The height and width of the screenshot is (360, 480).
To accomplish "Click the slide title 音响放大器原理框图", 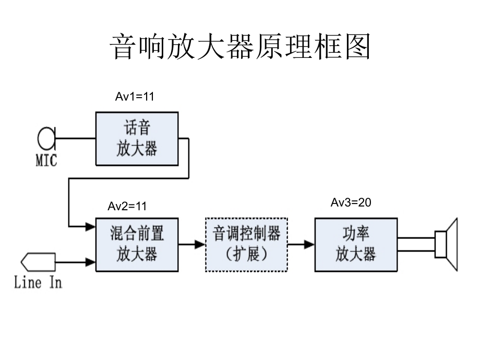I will (240, 47).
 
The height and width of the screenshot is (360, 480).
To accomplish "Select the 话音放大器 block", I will (136, 138).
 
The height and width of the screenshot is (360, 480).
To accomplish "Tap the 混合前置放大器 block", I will (136, 244).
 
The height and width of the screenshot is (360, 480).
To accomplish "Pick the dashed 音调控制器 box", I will (246, 244).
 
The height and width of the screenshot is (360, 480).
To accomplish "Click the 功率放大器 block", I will (356, 244).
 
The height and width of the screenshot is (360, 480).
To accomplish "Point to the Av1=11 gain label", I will (135, 96).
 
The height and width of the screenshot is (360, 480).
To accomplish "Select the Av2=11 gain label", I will (127, 206).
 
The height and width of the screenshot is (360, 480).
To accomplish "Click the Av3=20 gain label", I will (351, 202).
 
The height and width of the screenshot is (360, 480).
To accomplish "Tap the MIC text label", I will (46, 161).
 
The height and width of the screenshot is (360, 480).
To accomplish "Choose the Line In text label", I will (38, 283).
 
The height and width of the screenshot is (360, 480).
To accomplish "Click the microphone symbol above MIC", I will (46, 139).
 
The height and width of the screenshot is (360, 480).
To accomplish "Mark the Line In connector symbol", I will (38, 261).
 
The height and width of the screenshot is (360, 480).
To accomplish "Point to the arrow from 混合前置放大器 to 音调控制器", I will (191, 244).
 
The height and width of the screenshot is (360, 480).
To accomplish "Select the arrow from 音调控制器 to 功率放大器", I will (301, 244).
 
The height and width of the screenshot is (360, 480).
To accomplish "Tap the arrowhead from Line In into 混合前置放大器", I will (91, 261).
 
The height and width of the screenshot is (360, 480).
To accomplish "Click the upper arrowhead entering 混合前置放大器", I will (91, 226).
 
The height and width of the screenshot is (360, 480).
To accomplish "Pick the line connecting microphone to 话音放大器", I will (75, 139).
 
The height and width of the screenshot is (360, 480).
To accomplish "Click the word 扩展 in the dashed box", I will (246, 254).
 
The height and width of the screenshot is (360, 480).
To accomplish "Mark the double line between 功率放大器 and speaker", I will (416, 244).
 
